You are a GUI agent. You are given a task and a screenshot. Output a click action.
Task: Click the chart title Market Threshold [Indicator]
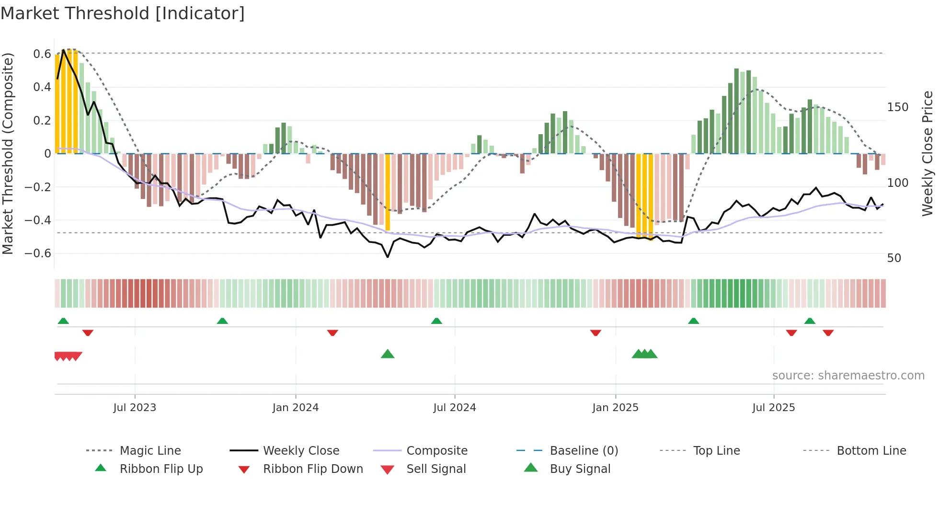point(123,13)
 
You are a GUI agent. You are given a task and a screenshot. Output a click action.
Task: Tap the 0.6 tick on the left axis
point(42,54)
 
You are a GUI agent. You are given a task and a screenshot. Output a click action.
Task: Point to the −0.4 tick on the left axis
point(38,220)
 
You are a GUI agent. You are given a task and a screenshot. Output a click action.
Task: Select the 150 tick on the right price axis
point(897,107)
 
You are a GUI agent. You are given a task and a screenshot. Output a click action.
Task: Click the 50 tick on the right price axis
point(894,258)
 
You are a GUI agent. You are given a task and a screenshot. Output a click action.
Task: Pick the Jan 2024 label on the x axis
point(295,408)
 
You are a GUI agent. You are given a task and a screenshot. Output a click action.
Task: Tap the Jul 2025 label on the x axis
point(773,408)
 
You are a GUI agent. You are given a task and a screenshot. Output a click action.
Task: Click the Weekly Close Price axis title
point(928,153)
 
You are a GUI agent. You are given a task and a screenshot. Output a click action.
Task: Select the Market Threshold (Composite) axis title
point(8,153)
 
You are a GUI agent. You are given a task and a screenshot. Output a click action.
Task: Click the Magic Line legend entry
point(150,451)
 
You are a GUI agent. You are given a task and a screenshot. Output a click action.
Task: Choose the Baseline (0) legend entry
point(584,451)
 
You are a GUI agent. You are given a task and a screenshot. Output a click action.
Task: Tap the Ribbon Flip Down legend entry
point(312,469)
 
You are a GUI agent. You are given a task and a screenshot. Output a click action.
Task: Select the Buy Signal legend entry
point(580,469)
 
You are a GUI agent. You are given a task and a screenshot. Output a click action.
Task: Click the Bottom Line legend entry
point(871,451)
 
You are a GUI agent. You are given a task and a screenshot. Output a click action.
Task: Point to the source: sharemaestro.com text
point(848,376)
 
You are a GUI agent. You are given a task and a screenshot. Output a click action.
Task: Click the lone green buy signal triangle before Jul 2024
point(388,354)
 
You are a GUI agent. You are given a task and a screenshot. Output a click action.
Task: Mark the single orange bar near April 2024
point(388,192)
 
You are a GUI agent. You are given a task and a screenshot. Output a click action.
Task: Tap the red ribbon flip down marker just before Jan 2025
point(595,333)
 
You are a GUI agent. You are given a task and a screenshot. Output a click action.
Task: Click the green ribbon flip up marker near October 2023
point(222,321)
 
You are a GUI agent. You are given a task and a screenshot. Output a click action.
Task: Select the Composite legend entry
point(436,451)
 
